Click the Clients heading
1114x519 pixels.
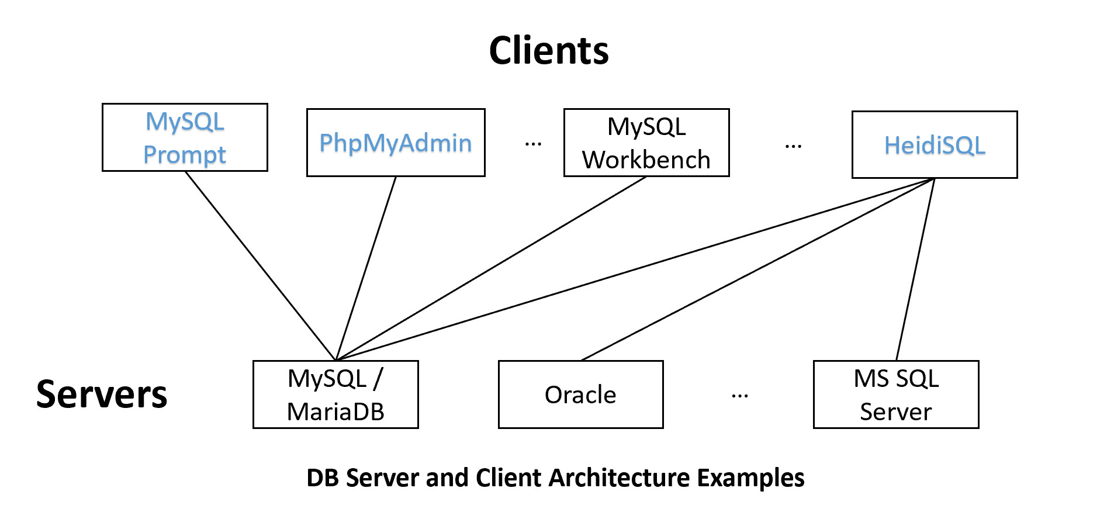548,50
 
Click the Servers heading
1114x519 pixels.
102,395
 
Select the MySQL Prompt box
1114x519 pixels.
185,137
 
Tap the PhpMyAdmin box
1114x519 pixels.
396,143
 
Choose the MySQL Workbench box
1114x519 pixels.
646,143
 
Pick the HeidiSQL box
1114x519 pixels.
934,145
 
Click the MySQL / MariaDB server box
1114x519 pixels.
335,395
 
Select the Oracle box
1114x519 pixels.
580,395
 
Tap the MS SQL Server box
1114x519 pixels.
895,395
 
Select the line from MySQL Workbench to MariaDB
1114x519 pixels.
491,268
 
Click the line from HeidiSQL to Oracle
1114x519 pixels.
757,269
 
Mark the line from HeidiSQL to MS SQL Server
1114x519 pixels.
915,269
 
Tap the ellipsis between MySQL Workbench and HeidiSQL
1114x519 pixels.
793,146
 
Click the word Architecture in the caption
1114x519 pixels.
620,478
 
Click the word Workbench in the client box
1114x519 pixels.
646,160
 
